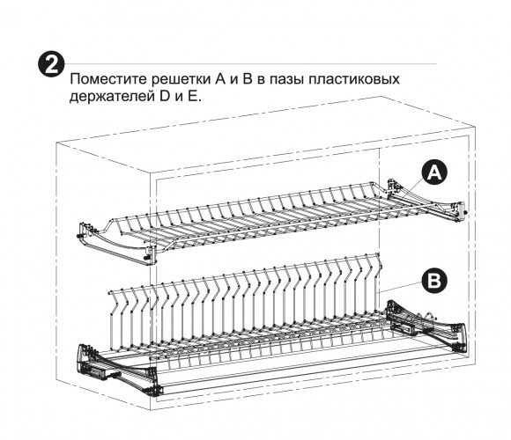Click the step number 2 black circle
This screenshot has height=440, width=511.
click(51, 64)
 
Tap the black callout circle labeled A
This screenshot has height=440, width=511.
click(434, 172)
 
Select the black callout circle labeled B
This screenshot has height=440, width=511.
click(433, 280)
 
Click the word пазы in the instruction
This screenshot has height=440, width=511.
click(287, 80)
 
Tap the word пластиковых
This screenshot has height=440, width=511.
click(354, 80)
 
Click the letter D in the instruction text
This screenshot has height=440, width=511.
click(166, 97)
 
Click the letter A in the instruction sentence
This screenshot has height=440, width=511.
click(220, 79)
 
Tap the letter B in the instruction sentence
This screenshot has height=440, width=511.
click(248, 79)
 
